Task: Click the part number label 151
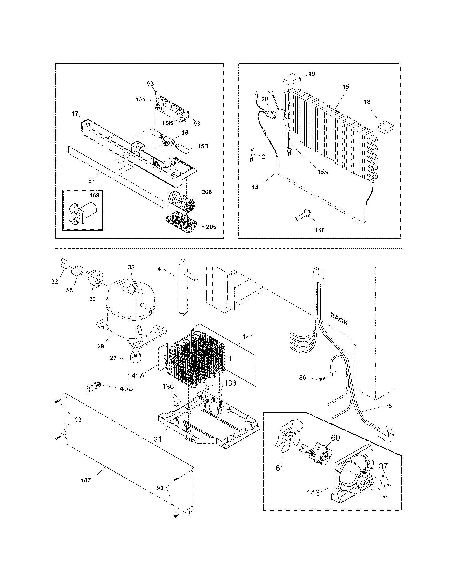click(141, 100)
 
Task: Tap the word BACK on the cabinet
click(339, 319)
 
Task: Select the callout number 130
click(320, 230)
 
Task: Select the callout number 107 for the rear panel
click(86, 480)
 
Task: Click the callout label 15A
click(323, 172)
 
